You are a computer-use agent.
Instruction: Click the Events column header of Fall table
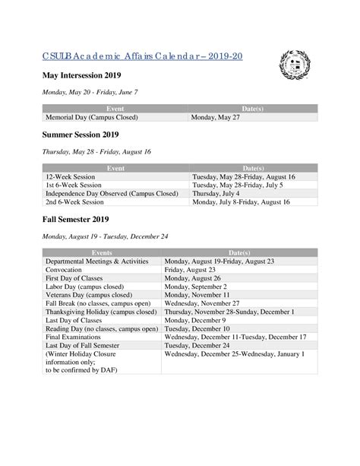click(x=102, y=252)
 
